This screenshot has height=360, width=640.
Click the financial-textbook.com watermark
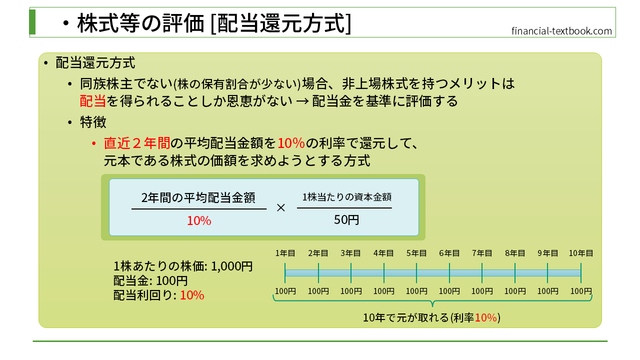pos(561,31)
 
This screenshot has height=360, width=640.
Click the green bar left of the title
pos(32,22)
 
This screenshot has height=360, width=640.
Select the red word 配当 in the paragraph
pos(93,101)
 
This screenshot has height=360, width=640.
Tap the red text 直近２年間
pos(137,143)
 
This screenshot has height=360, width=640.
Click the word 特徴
pos(93,122)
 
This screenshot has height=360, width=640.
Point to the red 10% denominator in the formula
pos(199,221)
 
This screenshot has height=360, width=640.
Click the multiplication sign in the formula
pos(281,207)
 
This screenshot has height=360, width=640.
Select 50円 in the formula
pos(346,219)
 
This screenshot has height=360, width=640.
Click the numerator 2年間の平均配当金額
pos(198,197)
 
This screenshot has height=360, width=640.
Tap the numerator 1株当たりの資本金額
pos(347,197)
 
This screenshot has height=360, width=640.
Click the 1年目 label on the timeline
pos(285,253)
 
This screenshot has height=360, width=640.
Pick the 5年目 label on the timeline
pos(416,253)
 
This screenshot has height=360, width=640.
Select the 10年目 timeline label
pos(581,253)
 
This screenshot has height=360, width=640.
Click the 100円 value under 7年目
pos(482,291)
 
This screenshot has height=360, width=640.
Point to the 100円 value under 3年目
pos(351,291)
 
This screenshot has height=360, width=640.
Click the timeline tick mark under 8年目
pos(515,273)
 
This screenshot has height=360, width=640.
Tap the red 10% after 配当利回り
pos(192,295)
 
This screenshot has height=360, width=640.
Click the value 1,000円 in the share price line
pos(231,266)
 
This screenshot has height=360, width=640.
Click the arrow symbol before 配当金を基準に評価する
pos(302,101)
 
